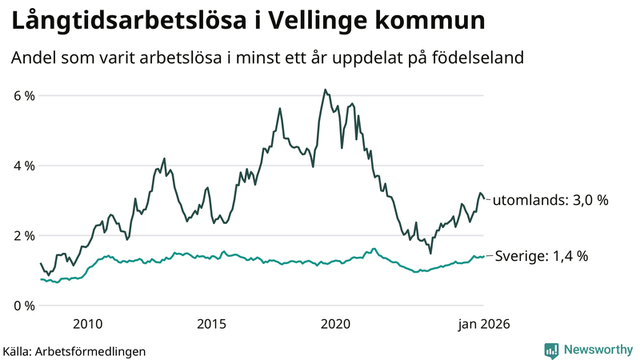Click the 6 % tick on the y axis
pyautogui.click(x=22, y=96)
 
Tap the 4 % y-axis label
pyautogui.click(x=22, y=166)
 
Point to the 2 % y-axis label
pyautogui.click(x=22, y=236)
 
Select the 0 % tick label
pyautogui.click(x=22, y=306)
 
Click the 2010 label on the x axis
pyautogui.click(x=88, y=324)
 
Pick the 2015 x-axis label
pyautogui.click(x=212, y=324)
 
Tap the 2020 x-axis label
pyautogui.click(x=336, y=324)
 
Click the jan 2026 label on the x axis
pyautogui.click(x=483, y=324)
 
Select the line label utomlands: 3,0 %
pyautogui.click(x=550, y=200)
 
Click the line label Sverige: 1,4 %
pyautogui.click(x=542, y=256)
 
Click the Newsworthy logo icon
pyautogui.click(x=551, y=350)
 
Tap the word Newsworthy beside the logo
pyautogui.click(x=596, y=350)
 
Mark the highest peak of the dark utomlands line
pyautogui.click(x=324, y=90)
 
